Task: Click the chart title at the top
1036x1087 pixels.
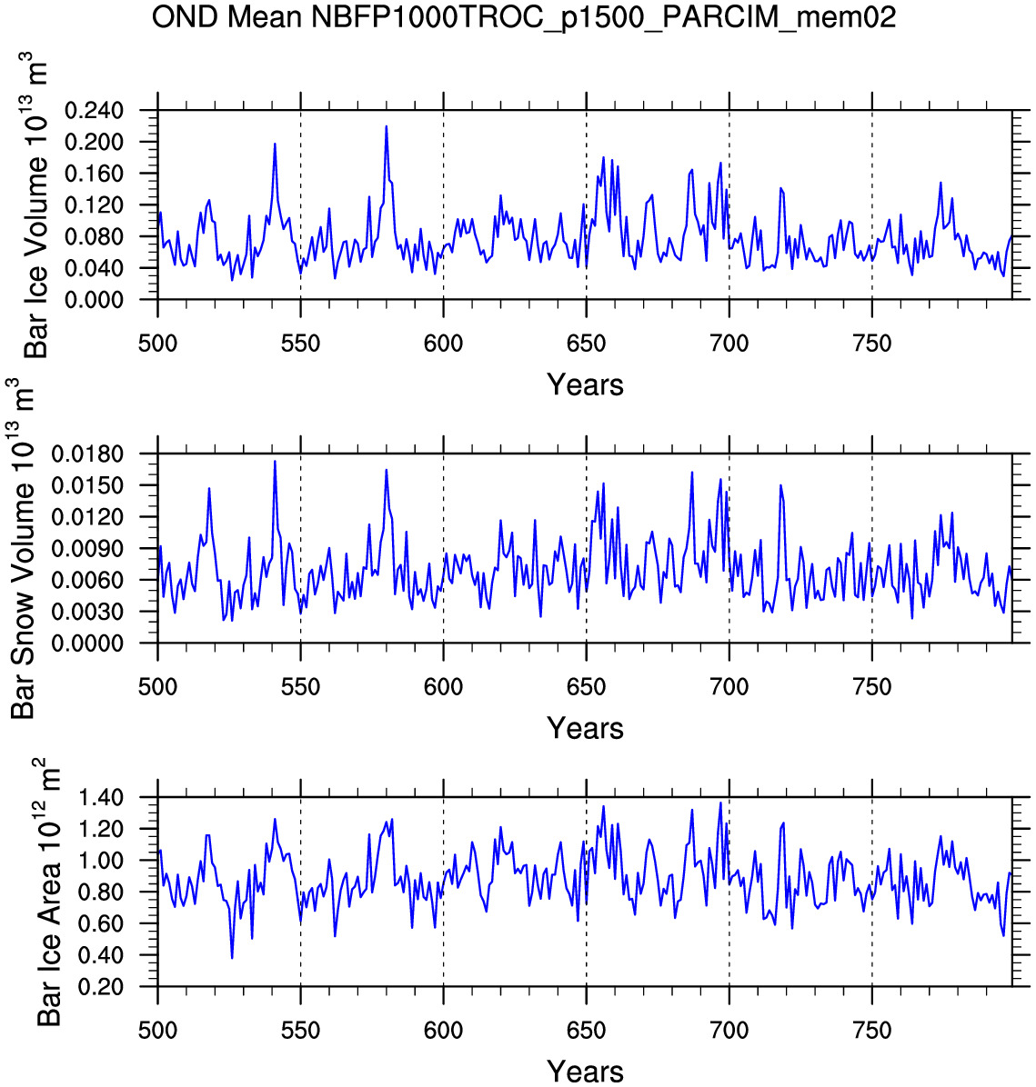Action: click(523, 16)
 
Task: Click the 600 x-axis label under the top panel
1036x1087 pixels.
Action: click(443, 344)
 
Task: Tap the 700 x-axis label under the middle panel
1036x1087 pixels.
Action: click(729, 687)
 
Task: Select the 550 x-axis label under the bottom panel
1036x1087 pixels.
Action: click(300, 1031)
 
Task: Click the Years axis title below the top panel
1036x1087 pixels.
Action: click(585, 385)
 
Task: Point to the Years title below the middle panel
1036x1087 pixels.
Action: click(585, 728)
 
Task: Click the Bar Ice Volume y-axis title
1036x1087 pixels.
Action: click(36, 204)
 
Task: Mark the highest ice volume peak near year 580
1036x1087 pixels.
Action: click(387, 126)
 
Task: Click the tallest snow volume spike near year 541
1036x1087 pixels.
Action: click(275, 461)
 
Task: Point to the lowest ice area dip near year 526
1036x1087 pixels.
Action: click(232, 958)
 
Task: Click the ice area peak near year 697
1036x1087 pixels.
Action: click(720, 803)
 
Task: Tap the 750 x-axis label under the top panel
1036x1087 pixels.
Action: click(871, 344)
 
